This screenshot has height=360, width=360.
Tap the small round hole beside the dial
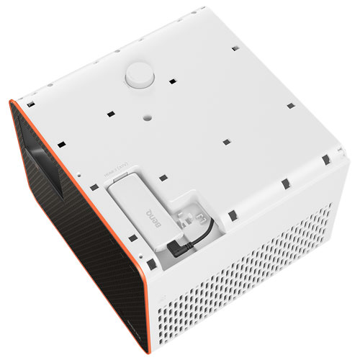(146, 112)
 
